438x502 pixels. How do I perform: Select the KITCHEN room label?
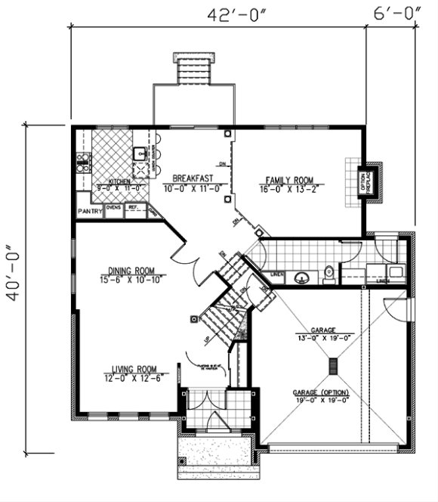click(x=119, y=182)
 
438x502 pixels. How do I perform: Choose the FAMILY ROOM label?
click(x=288, y=180)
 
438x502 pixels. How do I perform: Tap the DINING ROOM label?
click(x=131, y=271)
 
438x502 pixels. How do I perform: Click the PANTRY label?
click(x=90, y=212)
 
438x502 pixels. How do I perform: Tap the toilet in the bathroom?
click(x=328, y=273)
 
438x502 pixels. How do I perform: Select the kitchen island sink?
click(x=140, y=155)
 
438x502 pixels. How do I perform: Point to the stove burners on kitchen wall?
click(x=82, y=160)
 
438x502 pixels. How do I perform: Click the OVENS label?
click(x=113, y=206)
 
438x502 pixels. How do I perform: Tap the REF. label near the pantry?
click(x=134, y=206)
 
